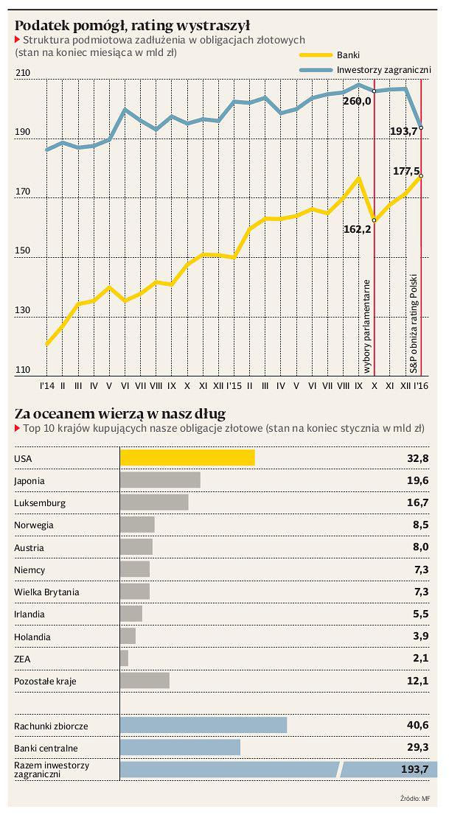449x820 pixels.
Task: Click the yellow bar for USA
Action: tap(187, 458)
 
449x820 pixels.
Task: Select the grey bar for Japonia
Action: tap(160, 480)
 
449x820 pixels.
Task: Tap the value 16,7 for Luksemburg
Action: tap(418, 502)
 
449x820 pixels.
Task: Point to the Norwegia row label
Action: tap(34, 525)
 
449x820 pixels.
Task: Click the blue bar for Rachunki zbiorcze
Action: tap(203, 726)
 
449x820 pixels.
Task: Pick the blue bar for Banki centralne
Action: tap(180, 748)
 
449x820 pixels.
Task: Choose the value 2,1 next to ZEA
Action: tap(421, 659)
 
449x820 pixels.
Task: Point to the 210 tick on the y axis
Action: tap(23, 73)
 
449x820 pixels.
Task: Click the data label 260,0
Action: tap(357, 101)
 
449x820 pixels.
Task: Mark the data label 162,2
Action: tap(357, 229)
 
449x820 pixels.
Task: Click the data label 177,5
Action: tap(407, 170)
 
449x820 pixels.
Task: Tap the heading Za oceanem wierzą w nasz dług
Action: tap(119, 413)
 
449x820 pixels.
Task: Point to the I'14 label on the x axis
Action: tap(46, 385)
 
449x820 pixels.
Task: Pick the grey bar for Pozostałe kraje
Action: tap(145, 681)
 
